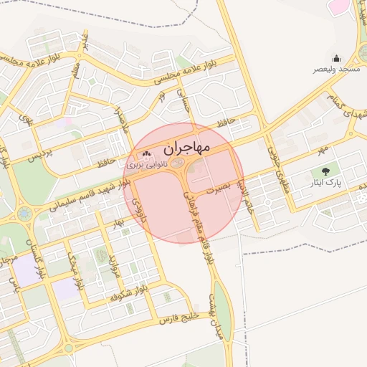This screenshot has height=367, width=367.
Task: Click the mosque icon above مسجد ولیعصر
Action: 336,59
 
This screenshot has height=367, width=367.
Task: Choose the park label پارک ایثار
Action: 326,183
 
